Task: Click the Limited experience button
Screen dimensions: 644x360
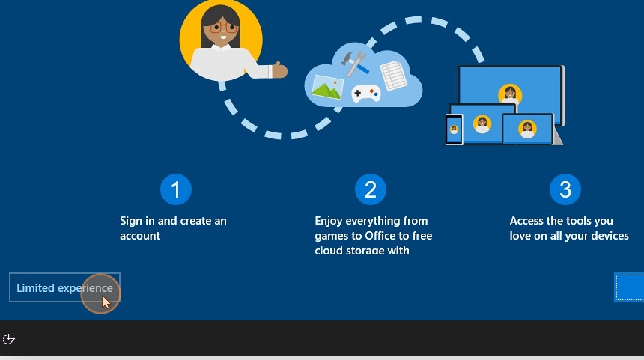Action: [64, 287]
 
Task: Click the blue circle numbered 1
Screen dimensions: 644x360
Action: [176, 189]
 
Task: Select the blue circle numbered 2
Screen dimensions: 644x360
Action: [371, 189]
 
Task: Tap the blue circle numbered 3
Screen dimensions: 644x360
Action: [565, 189]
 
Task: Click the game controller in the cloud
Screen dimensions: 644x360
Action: [366, 94]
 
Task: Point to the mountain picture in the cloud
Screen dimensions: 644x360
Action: [327, 87]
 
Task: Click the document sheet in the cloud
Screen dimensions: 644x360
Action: [393, 75]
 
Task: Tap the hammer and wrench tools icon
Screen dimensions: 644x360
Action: [354, 63]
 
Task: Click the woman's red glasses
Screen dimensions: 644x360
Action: [223, 28]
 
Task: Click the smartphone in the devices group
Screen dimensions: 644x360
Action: [455, 129]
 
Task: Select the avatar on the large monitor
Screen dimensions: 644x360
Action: [510, 94]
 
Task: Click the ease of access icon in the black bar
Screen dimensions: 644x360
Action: [9, 339]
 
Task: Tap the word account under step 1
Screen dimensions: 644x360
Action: [140, 236]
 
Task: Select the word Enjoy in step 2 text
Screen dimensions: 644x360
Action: [329, 222]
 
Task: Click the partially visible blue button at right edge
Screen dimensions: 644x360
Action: [629, 287]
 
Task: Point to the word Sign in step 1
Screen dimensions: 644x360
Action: [130, 222]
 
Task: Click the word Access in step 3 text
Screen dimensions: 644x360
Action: [525, 221]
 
